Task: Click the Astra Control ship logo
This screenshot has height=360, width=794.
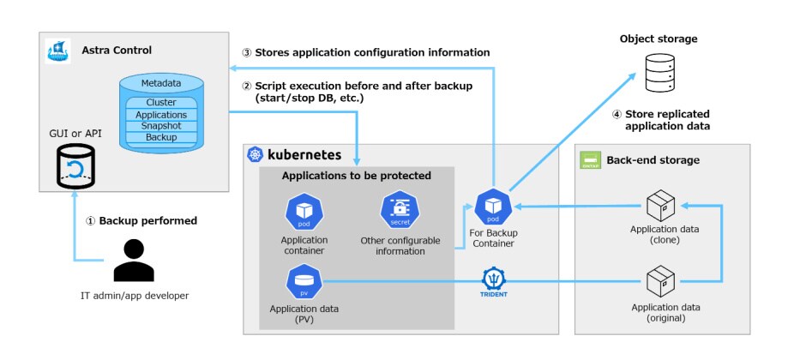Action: tap(57, 51)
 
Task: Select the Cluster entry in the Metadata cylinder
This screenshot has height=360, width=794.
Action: tap(161, 103)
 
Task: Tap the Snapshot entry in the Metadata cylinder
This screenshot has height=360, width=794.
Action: tap(161, 126)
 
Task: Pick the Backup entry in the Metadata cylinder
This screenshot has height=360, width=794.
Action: tap(161, 137)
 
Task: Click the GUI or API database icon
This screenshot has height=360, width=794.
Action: tap(75, 165)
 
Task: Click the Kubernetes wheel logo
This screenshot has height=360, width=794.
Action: tap(255, 155)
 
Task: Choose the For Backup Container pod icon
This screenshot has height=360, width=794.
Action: tap(492, 207)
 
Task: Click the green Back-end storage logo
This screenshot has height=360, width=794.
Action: tap(590, 159)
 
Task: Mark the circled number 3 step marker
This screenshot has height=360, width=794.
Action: tap(247, 52)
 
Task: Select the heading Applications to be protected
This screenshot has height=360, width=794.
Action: tap(357, 176)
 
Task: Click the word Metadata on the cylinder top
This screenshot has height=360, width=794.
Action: tap(161, 83)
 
